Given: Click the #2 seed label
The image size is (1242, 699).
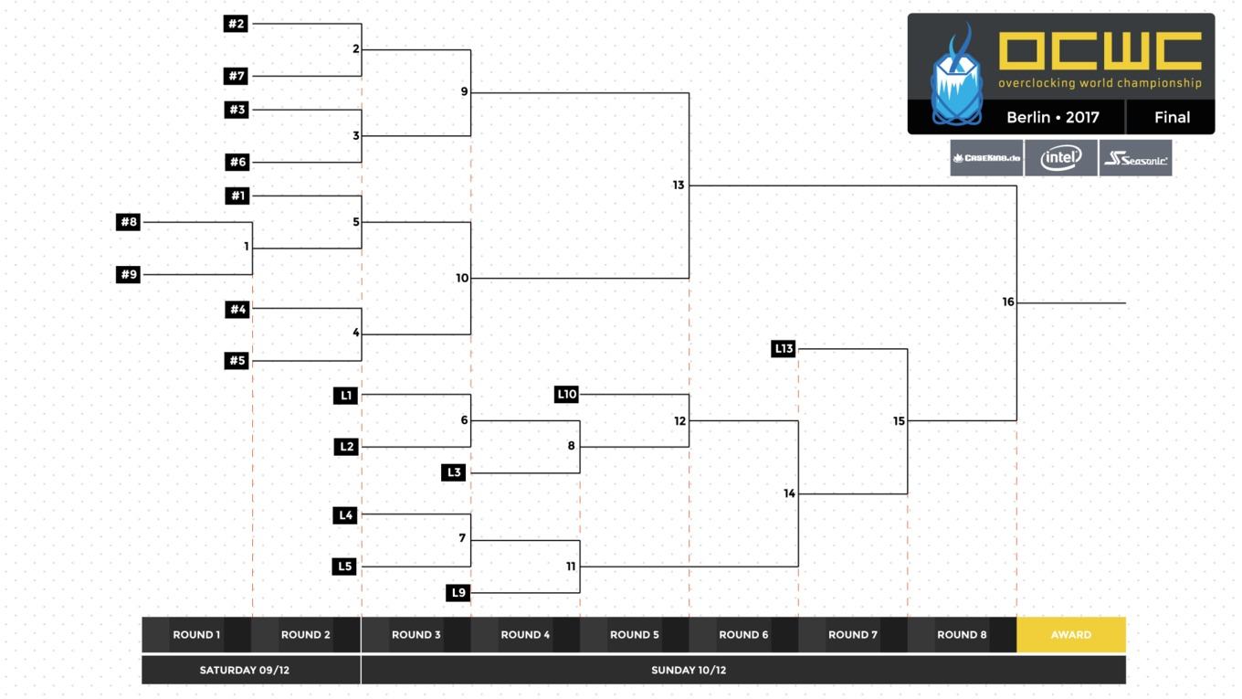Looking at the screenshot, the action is pos(237,24).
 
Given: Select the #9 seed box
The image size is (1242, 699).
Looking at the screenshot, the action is pos(129,275).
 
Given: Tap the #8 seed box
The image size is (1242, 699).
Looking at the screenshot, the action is pos(129,222).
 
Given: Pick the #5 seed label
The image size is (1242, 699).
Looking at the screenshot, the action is pos(237,361).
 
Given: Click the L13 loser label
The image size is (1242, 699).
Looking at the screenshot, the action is pos(784,348).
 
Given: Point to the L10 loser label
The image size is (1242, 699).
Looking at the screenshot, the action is pos(567,395).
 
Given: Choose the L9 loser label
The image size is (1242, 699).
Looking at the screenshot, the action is pos(459,593).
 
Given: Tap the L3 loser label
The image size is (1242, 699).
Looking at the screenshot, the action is pos(454,472).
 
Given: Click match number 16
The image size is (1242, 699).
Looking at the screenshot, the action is pos(1008,302).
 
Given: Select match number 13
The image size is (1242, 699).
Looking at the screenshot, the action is pos(679,185).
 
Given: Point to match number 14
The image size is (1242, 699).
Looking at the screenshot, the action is pos(790,493).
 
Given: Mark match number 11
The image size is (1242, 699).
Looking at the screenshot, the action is pos(571,567).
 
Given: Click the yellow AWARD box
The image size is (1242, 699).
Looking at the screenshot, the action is pos(1072,635).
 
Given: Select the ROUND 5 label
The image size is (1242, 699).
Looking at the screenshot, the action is pos(635,635).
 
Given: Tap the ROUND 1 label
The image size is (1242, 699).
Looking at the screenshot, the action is pos(197,635).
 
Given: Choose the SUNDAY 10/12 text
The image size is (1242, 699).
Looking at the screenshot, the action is pos(689,670).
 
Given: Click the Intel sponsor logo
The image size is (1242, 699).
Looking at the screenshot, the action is pos(1061,158).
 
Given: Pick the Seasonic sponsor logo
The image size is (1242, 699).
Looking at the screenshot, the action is pos(1135,158).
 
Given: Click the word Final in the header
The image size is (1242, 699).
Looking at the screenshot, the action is pos(1173,118).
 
